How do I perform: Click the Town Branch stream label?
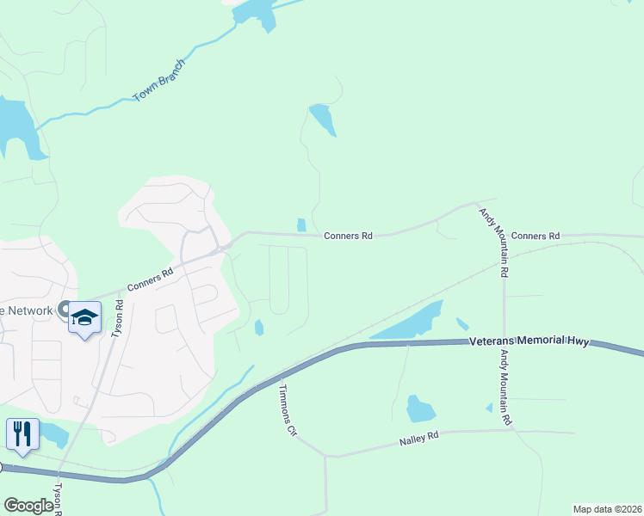160,82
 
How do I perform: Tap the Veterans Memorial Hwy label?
529,341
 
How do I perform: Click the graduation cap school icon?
84,317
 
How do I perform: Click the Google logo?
28,506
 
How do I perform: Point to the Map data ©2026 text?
608,509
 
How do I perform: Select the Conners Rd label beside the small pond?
348,236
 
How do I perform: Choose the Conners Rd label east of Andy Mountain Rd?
535,236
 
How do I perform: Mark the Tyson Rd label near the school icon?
117,317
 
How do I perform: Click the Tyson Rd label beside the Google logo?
59,499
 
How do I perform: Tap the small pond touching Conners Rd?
300,225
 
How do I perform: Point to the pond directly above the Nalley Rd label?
419,408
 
